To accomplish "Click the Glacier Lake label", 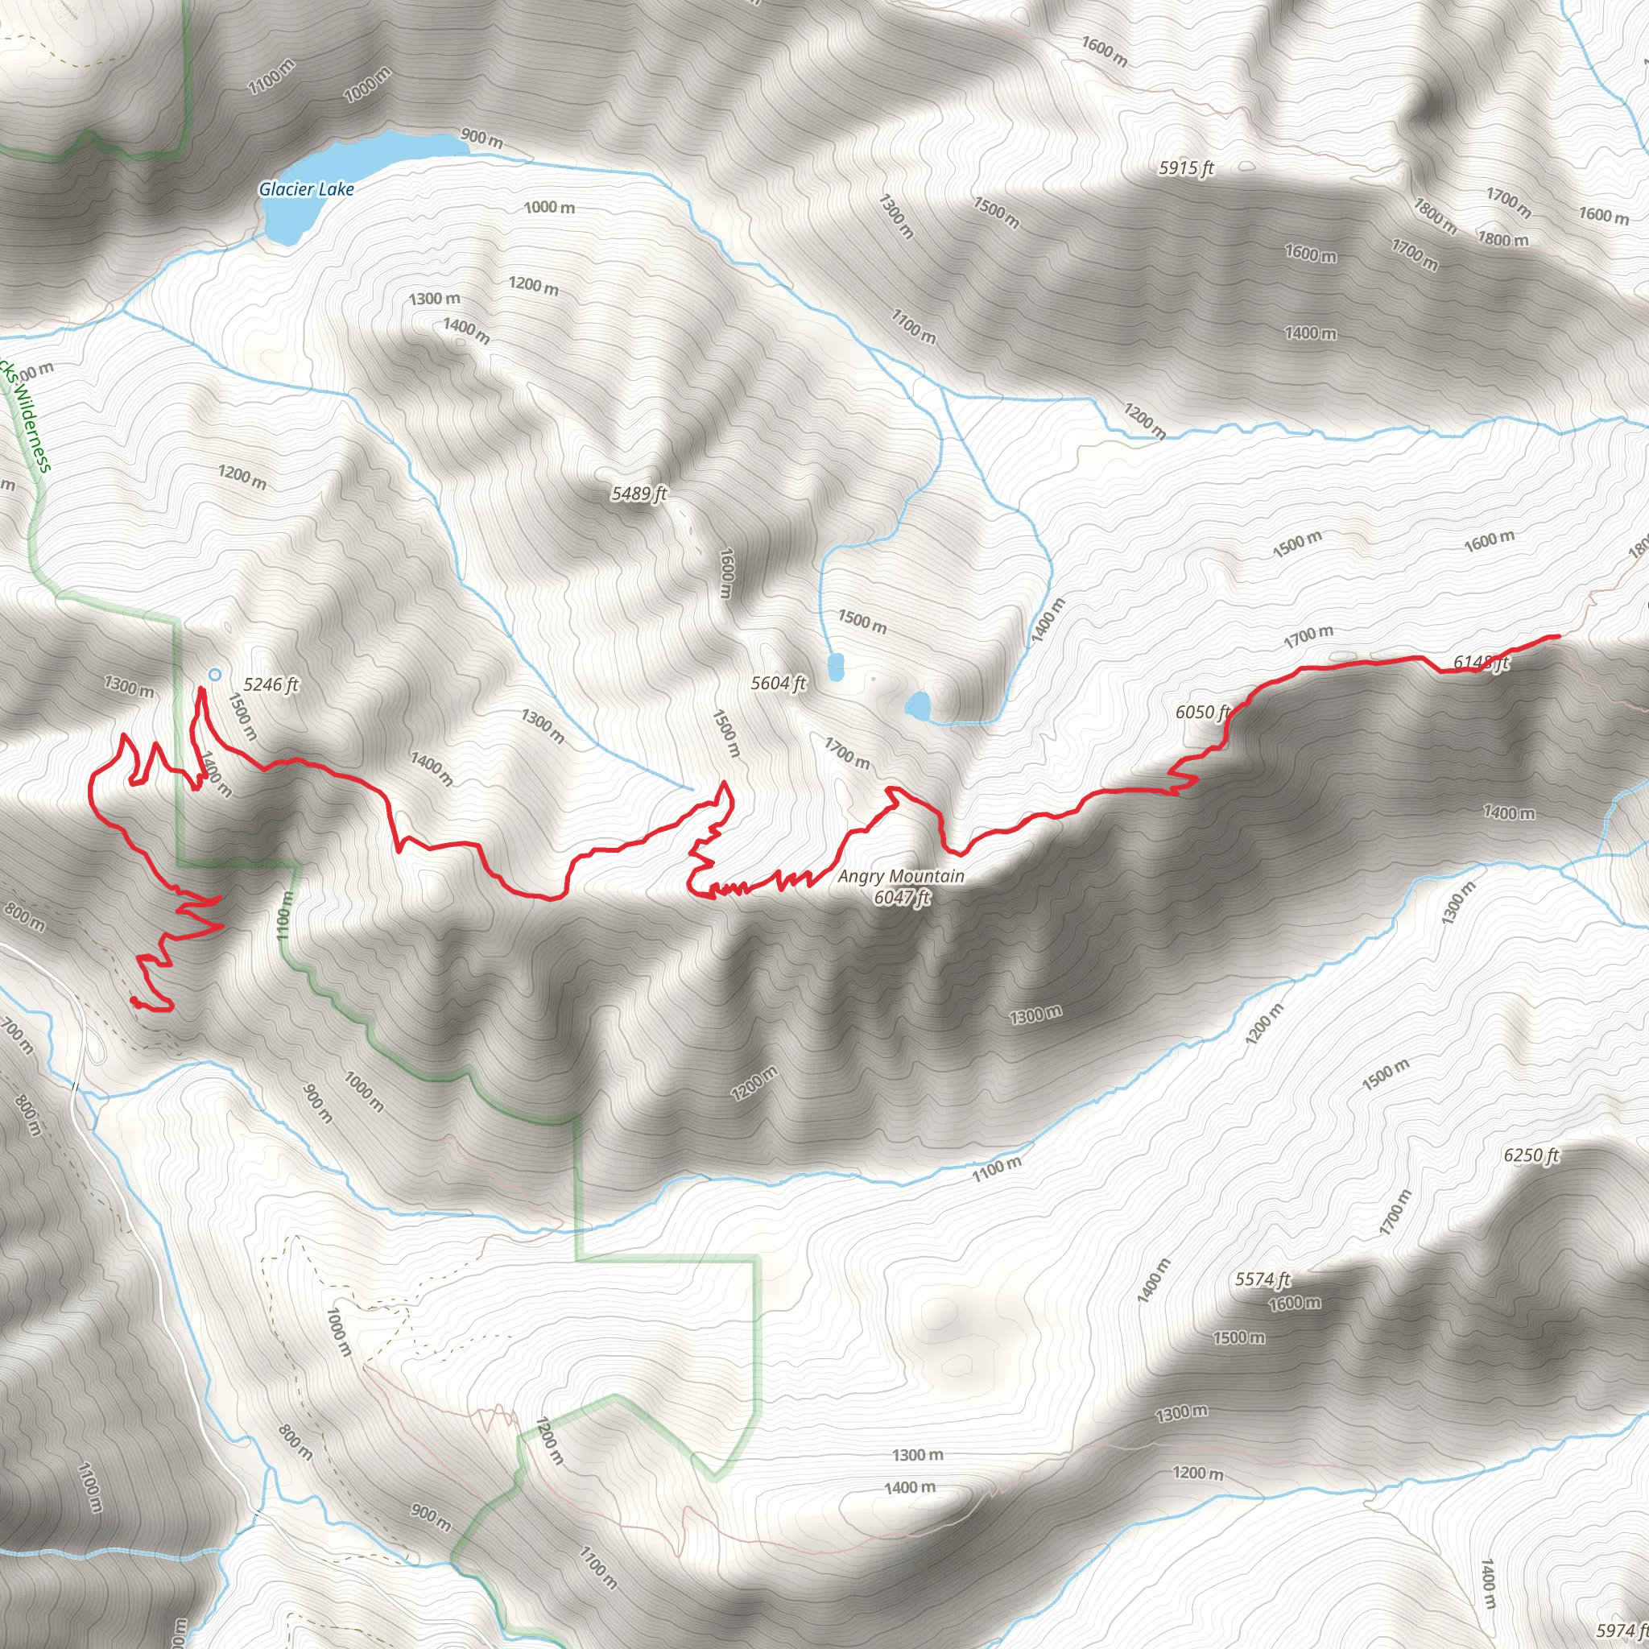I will click(x=307, y=189).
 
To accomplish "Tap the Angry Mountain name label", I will click(x=900, y=876).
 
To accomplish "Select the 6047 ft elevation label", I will click(x=901, y=896).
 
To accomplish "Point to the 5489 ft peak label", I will click(x=639, y=494).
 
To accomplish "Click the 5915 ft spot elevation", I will click(x=1185, y=168).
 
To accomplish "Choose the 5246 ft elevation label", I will click(x=271, y=684).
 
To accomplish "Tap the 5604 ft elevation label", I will click(x=778, y=683).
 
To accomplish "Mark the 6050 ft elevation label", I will click(x=1202, y=712).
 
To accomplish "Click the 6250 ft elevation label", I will click(x=1531, y=1155).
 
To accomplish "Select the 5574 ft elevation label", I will click(x=1263, y=1279).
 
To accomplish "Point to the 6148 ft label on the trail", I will click(x=1481, y=663).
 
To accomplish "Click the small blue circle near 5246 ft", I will click(x=215, y=674).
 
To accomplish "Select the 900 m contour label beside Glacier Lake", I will click(x=481, y=138).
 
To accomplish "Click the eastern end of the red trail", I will click(x=1559, y=637).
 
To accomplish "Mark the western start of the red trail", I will click(x=134, y=999).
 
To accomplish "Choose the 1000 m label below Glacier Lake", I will click(x=549, y=208).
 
